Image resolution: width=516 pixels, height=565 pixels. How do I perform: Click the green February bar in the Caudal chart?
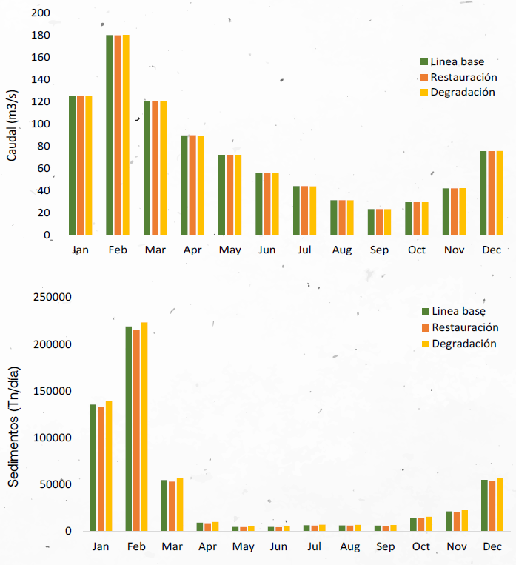coord(110,135)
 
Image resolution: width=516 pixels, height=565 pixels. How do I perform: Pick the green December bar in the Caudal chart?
coord(483,193)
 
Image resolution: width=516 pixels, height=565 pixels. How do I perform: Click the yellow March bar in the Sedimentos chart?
coord(180,504)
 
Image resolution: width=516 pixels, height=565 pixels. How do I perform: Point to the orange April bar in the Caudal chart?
coord(192,185)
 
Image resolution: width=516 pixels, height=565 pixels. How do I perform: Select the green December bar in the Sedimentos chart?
coord(485,505)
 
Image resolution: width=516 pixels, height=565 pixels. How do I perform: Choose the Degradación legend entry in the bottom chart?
coord(465,344)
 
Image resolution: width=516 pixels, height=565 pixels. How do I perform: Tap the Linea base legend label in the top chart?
coord(458,61)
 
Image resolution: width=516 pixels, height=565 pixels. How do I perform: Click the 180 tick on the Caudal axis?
coord(41,35)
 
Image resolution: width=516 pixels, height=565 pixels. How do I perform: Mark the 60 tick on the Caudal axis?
coord(44,168)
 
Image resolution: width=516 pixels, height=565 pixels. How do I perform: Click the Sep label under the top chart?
coord(380,250)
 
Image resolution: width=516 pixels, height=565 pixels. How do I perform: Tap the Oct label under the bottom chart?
coord(420,546)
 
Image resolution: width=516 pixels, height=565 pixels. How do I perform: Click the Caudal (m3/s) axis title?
coord(12,124)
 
